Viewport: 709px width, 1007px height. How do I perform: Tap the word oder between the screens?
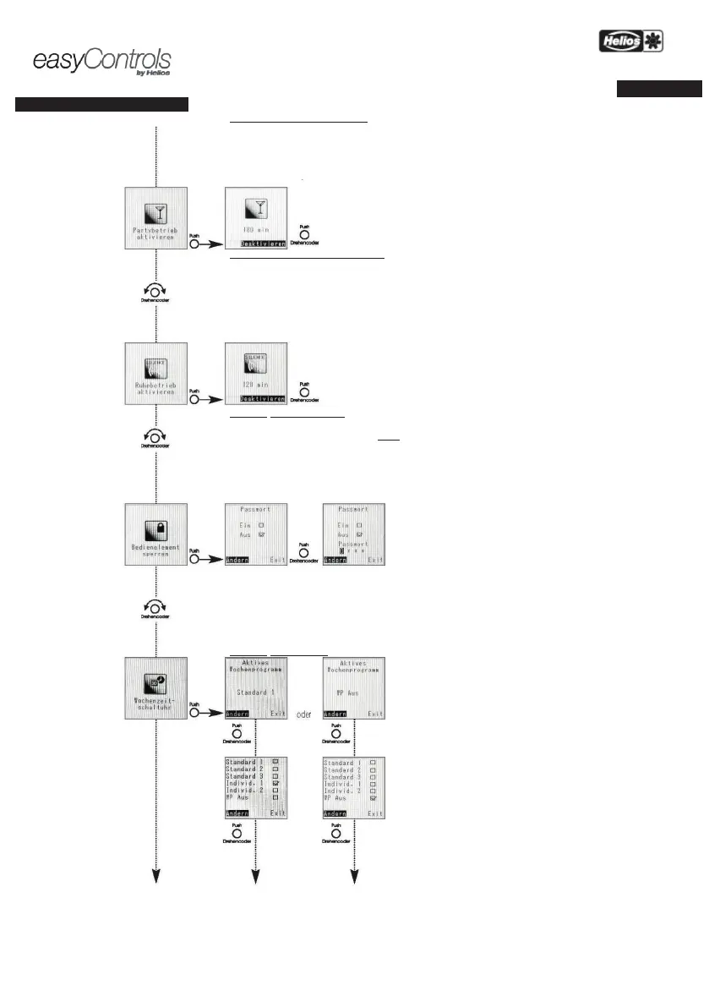(x=304, y=714)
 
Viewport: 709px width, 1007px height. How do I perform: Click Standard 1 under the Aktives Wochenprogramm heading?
(x=255, y=692)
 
